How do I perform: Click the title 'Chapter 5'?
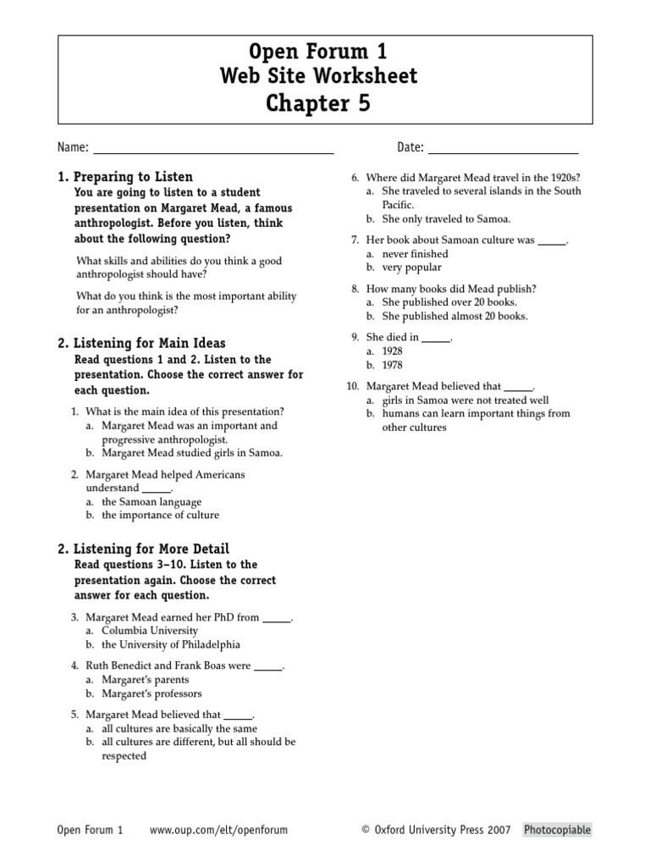point(318,103)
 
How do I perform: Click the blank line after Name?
point(212,151)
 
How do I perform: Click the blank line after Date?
point(503,151)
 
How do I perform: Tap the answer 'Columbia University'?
point(150,631)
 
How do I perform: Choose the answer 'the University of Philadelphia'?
point(171,644)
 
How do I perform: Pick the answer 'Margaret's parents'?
point(145,680)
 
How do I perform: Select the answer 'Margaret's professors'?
point(151,693)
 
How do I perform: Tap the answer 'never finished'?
point(415,254)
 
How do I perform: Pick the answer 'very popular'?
point(412,268)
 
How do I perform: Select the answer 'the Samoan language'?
point(151,502)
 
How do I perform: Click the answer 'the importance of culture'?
point(160,516)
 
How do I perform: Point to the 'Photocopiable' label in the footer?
point(557,831)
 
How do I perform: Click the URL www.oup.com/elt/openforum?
point(218,831)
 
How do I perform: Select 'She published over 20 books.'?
point(449,302)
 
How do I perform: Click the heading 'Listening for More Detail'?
point(151,549)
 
